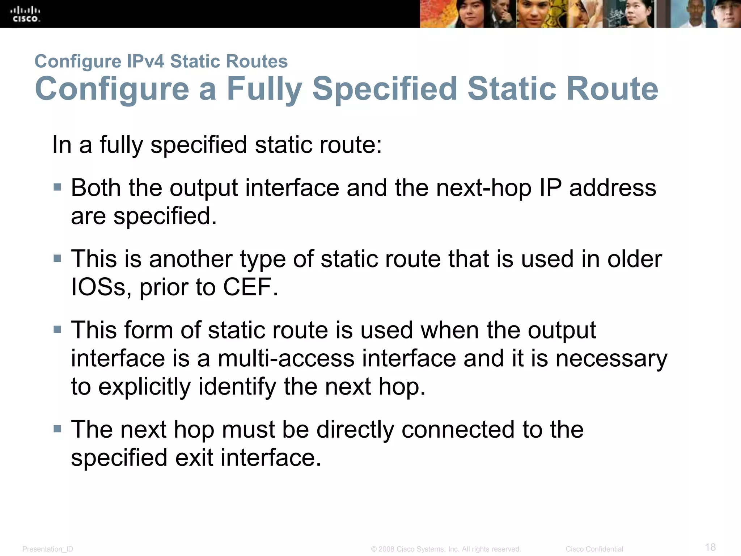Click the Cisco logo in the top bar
pyautogui.click(x=25, y=14)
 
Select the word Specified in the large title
pyautogui.click(x=385, y=89)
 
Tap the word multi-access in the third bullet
pyautogui.click(x=286, y=358)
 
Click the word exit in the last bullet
pyautogui.click(x=194, y=458)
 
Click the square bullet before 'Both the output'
pyautogui.click(x=57, y=187)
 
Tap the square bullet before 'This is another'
pyautogui.click(x=57, y=258)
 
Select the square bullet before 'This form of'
pyautogui.click(x=57, y=329)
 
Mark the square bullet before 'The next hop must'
pyautogui.click(x=57, y=429)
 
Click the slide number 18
pyautogui.click(x=710, y=547)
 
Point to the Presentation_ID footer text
pyautogui.click(x=48, y=549)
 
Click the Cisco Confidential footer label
pyautogui.click(x=594, y=549)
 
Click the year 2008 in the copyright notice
pyautogui.click(x=386, y=549)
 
